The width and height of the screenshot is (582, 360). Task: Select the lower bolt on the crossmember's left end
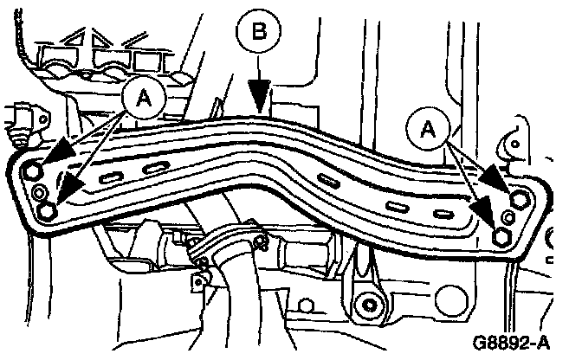point(49,210)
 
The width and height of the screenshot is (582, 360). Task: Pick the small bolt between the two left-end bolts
point(41,191)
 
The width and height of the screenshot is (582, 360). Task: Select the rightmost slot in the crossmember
point(443,214)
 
